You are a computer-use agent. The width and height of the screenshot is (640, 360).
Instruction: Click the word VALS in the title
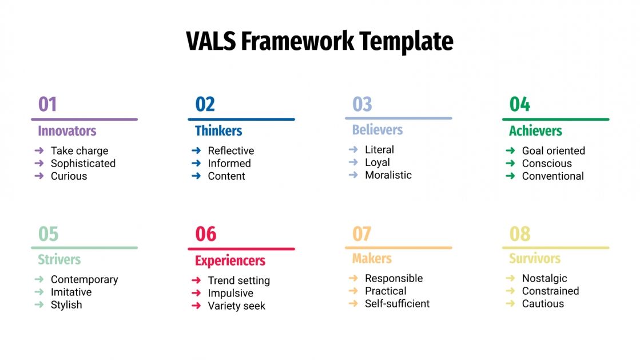[x=211, y=42]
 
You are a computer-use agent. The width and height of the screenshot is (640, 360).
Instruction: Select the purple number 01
[x=47, y=105]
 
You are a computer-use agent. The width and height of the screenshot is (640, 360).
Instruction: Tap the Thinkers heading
[x=218, y=131]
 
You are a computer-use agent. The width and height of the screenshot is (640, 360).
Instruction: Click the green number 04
[x=519, y=105]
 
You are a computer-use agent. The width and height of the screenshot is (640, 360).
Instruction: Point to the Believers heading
[x=377, y=130]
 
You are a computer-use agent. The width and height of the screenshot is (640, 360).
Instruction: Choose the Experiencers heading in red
[x=230, y=261]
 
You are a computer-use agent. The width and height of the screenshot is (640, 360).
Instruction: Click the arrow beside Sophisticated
[x=39, y=163]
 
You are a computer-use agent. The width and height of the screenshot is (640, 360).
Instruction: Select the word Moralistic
[x=388, y=175]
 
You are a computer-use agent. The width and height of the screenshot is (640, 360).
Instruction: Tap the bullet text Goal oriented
[x=553, y=151]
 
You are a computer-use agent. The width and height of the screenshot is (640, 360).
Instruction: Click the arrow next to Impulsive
[x=196, y=293]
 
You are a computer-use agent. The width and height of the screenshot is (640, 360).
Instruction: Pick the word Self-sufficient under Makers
[x=397, y=303]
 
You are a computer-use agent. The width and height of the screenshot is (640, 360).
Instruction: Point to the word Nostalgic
[x=544, y=278]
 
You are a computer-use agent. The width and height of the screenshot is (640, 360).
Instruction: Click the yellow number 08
[x=519, y=234]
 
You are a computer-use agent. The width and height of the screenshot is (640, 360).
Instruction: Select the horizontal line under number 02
[x=241, y=119]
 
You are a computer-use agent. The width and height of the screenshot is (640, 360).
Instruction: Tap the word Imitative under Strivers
[x=71, y=292]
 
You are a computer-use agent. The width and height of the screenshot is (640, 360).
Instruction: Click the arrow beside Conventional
[x=510, y=176]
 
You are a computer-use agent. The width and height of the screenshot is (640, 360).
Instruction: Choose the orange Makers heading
[x=372, y=259]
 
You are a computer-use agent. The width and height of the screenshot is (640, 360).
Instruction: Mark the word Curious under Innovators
[x=69, y=176]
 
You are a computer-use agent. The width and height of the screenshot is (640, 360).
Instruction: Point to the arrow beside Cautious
[x=510, y=303]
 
